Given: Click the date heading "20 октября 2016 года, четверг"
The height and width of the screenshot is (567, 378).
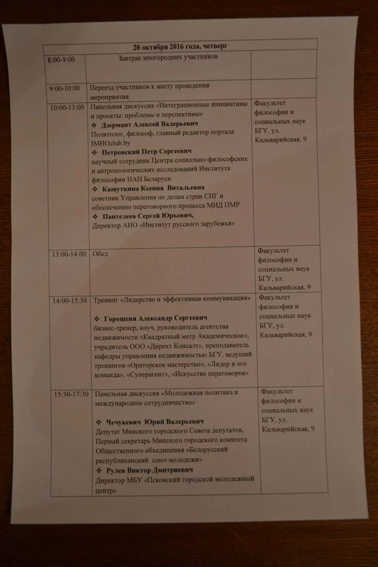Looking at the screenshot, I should [x=180, y=46].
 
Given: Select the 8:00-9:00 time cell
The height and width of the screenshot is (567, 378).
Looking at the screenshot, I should [x=61, y=60].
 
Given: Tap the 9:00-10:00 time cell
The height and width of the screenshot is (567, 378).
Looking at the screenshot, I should [x=65, y=88].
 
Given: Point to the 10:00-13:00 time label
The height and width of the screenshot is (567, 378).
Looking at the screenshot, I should [x=67, y=107].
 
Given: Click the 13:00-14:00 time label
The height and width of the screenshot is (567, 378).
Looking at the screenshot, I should [x=68, y=254].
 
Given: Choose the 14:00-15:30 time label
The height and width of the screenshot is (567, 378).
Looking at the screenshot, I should [x=69, y=301].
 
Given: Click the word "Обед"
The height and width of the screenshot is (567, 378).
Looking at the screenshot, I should [x=100, y=254].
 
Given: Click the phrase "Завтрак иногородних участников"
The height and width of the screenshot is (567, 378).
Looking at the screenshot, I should [x=168, y=57].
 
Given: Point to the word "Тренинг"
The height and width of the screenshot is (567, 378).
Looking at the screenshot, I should [x=105, y=300].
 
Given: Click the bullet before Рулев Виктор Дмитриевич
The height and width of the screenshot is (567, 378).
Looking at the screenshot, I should [x=99, y=470].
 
